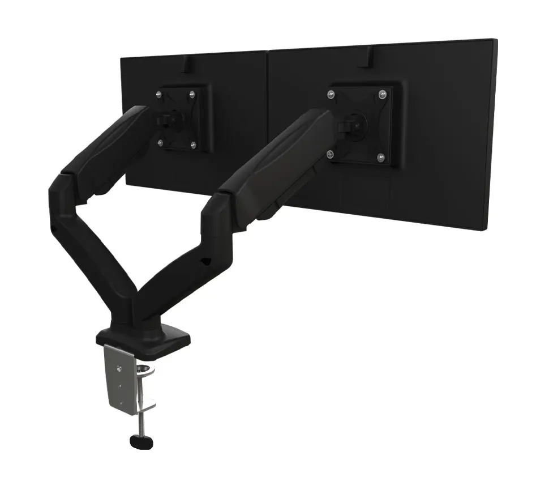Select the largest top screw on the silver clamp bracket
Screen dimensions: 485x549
pyautogui.click(x=118, y=369)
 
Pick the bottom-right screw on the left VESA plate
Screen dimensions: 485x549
pyautogui.click(x=193, y=146)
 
